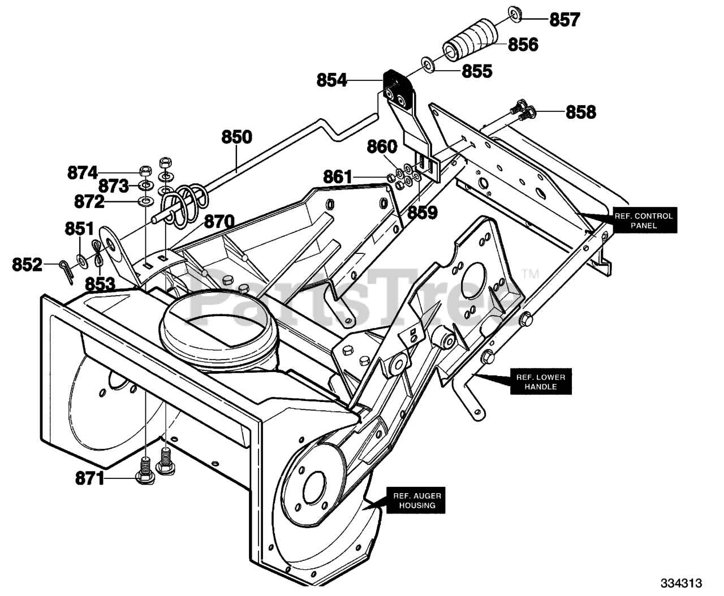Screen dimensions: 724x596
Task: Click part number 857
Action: [564, 19]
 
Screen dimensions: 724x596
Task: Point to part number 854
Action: [331, 80]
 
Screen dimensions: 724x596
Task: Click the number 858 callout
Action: [581, 112]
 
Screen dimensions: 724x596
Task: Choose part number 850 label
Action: [236, 137]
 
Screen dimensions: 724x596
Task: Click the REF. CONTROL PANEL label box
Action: [643, 221]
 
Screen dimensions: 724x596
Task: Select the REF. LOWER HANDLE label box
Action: [541, 382]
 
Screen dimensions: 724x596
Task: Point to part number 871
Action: [89, 479]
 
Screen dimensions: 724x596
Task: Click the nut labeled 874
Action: [145, 171]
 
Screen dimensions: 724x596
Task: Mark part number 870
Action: [219, 221]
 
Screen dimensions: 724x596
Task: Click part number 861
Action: [338, 177]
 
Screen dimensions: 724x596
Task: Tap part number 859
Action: [422, 212]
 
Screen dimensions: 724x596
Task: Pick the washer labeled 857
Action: [515, 14]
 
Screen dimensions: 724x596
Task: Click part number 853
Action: [100, 284]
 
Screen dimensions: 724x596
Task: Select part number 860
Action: [382, 146]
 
